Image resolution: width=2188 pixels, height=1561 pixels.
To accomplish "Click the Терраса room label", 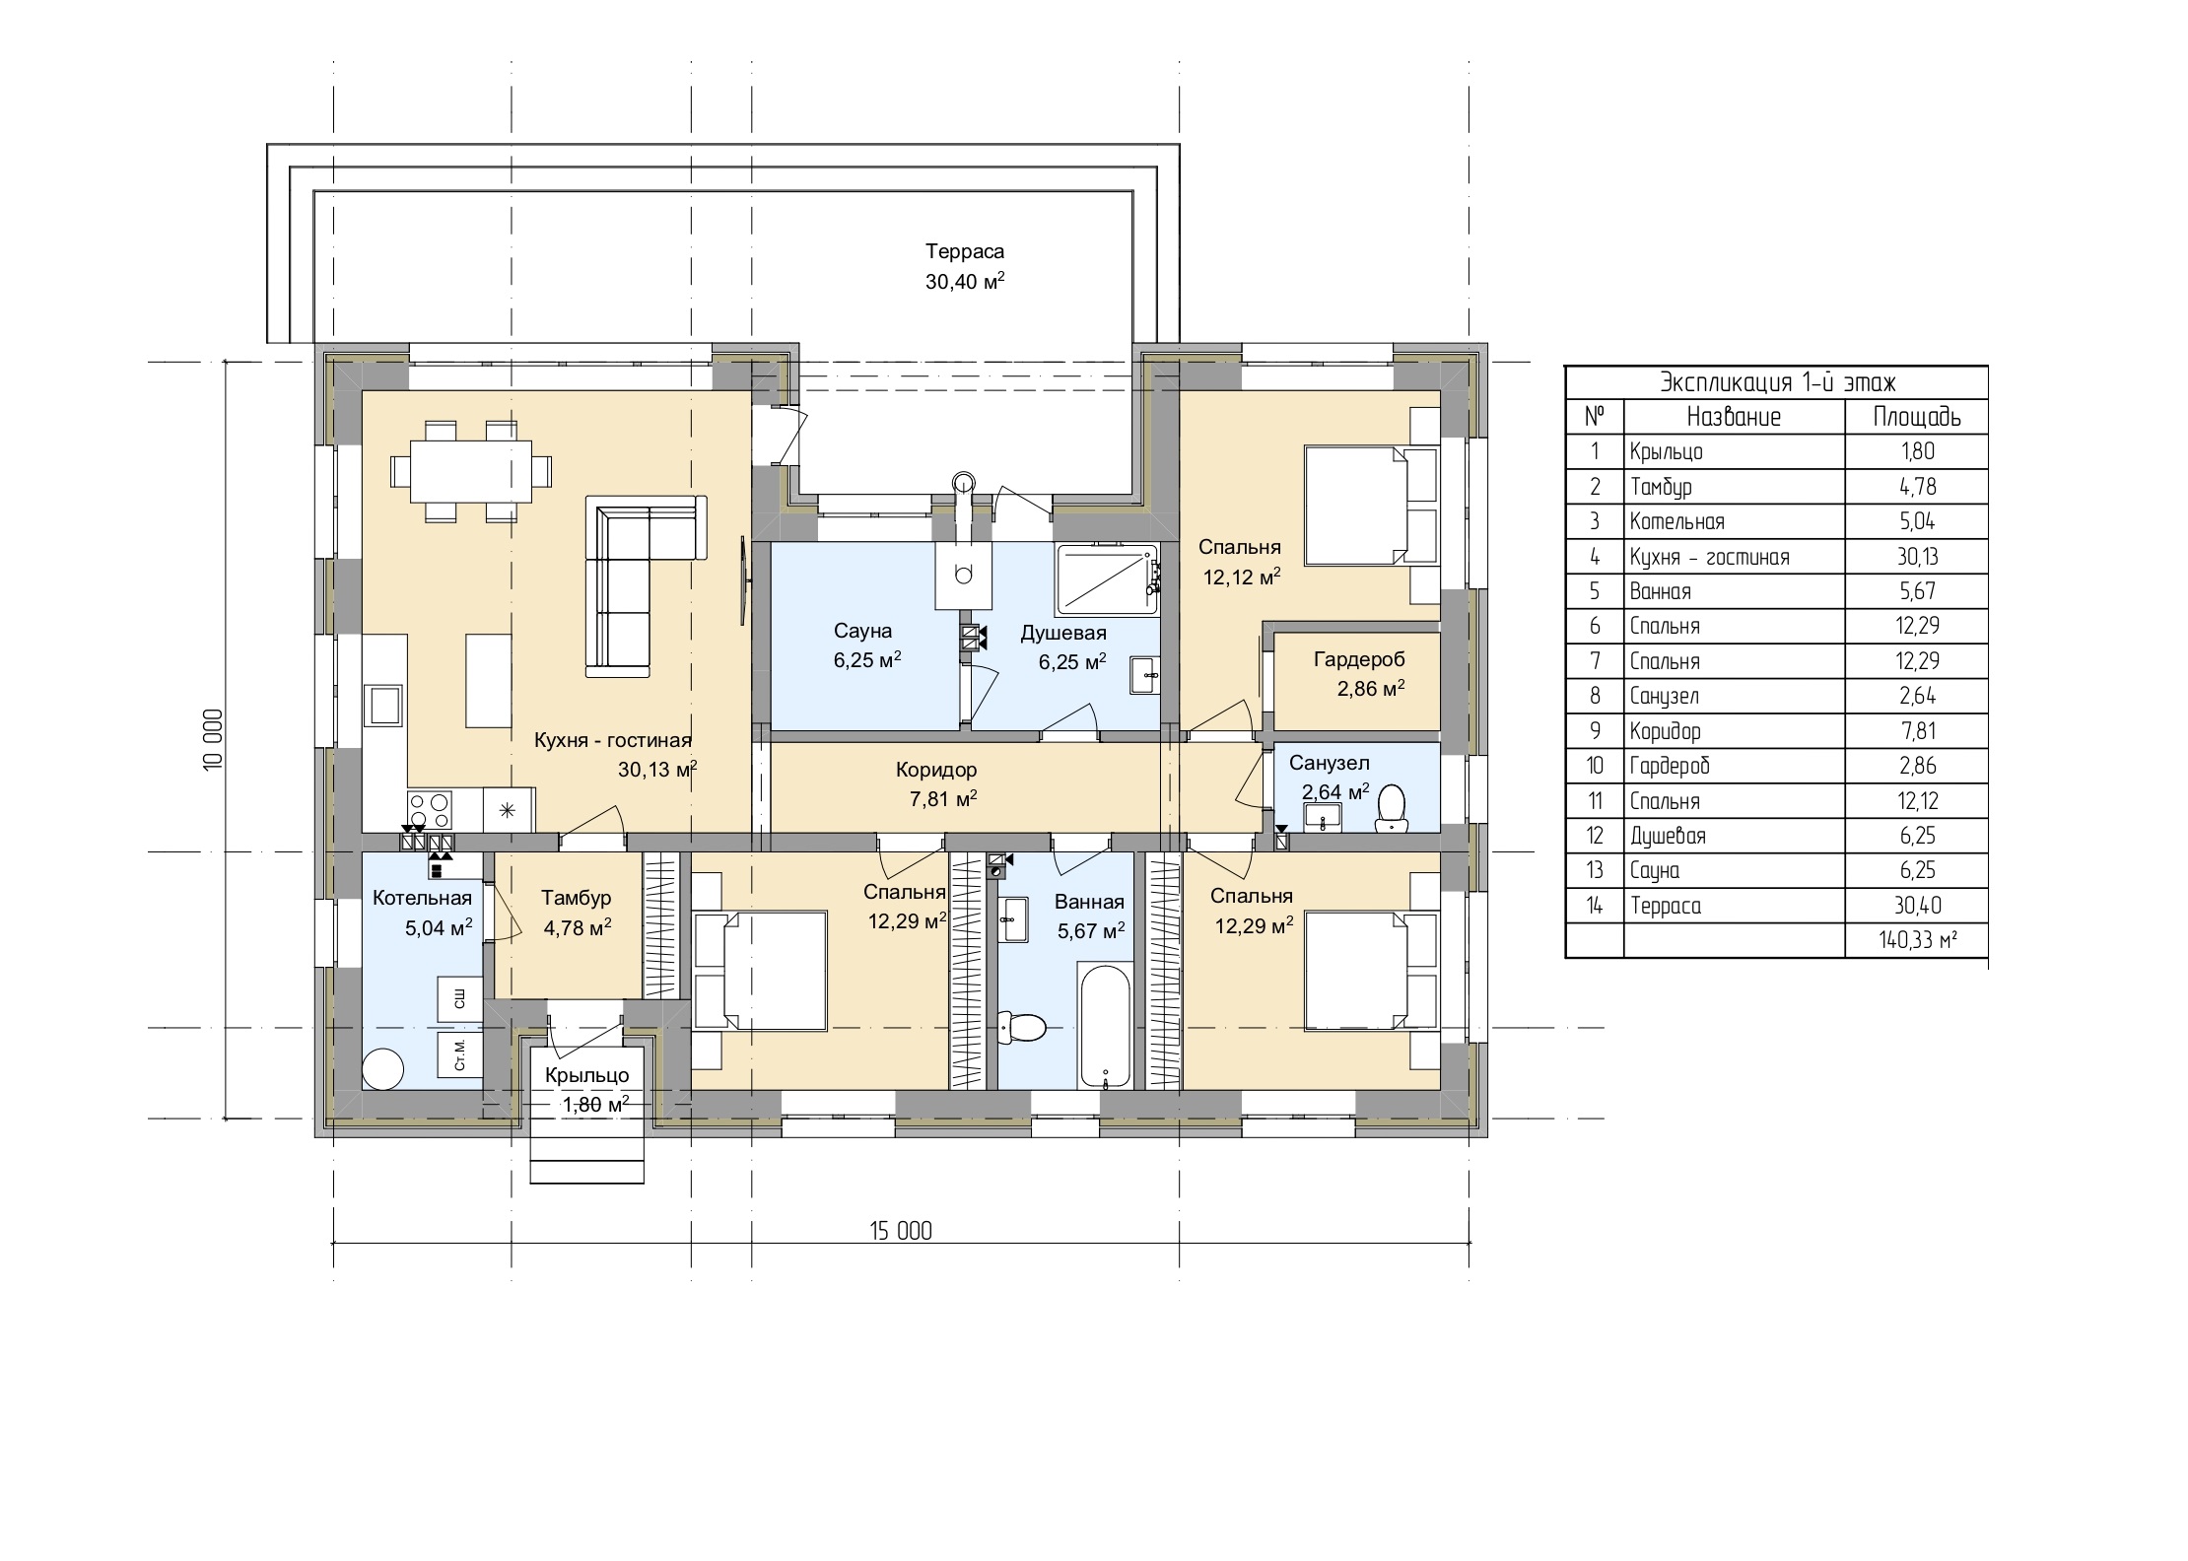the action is pos(965,252).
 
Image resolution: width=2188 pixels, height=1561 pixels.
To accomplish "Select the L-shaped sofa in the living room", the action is pos(646,585).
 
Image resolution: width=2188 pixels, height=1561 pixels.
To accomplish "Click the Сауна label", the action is pos(862,631).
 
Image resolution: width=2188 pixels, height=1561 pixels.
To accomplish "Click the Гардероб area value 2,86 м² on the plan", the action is pos(1371,690).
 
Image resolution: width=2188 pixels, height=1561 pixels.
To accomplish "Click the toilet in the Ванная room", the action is pos(1021,1027).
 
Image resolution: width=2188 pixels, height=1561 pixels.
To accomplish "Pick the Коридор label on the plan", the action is pos(936,770).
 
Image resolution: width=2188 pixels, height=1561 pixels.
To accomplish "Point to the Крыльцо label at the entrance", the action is pos(586,1076).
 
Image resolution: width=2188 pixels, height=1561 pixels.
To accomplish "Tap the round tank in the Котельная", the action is pos(382,1068).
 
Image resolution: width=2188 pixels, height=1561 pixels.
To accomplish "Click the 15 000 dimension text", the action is pos(900,1231).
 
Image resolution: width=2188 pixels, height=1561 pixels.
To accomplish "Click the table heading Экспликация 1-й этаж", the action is pos(1778,382).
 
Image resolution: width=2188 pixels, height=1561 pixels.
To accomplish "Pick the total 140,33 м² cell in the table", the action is pos(1917,941).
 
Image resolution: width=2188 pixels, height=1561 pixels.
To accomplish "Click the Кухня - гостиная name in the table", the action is pos(1709,558).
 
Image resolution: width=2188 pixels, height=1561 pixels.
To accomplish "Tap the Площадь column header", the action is pos(1917,417).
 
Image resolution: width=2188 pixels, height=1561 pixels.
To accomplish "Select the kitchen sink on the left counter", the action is pos(384,706).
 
